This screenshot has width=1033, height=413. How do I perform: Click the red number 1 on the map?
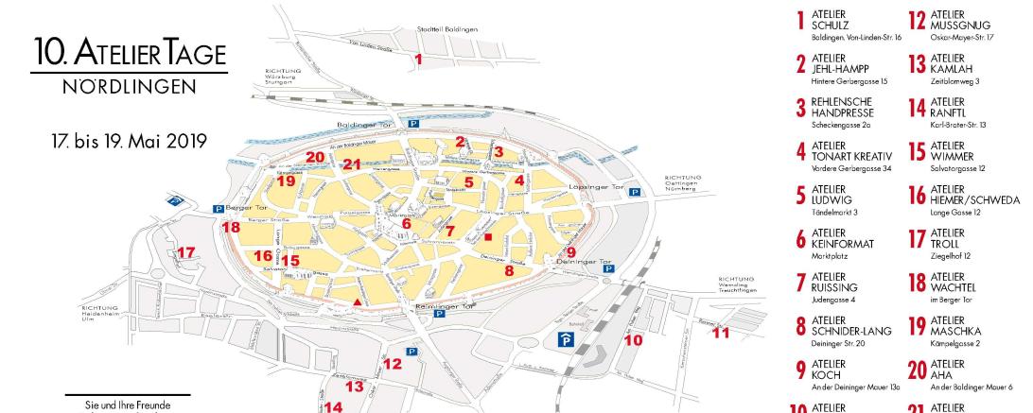tap(418, 59)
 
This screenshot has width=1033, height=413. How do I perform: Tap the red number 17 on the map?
tap(186, 252)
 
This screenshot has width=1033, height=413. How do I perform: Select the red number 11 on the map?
tap(722, 332)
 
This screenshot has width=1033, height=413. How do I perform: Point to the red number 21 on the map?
tap(353, 164)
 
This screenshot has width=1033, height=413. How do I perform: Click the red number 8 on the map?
tap(509, 270)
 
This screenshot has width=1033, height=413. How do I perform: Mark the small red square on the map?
tap(488, 237)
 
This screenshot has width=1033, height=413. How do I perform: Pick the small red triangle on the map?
tap(357, 301)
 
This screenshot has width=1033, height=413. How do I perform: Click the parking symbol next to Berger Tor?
tap(219, 208)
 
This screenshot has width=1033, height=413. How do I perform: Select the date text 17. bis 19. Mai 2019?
tap(130, 140)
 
